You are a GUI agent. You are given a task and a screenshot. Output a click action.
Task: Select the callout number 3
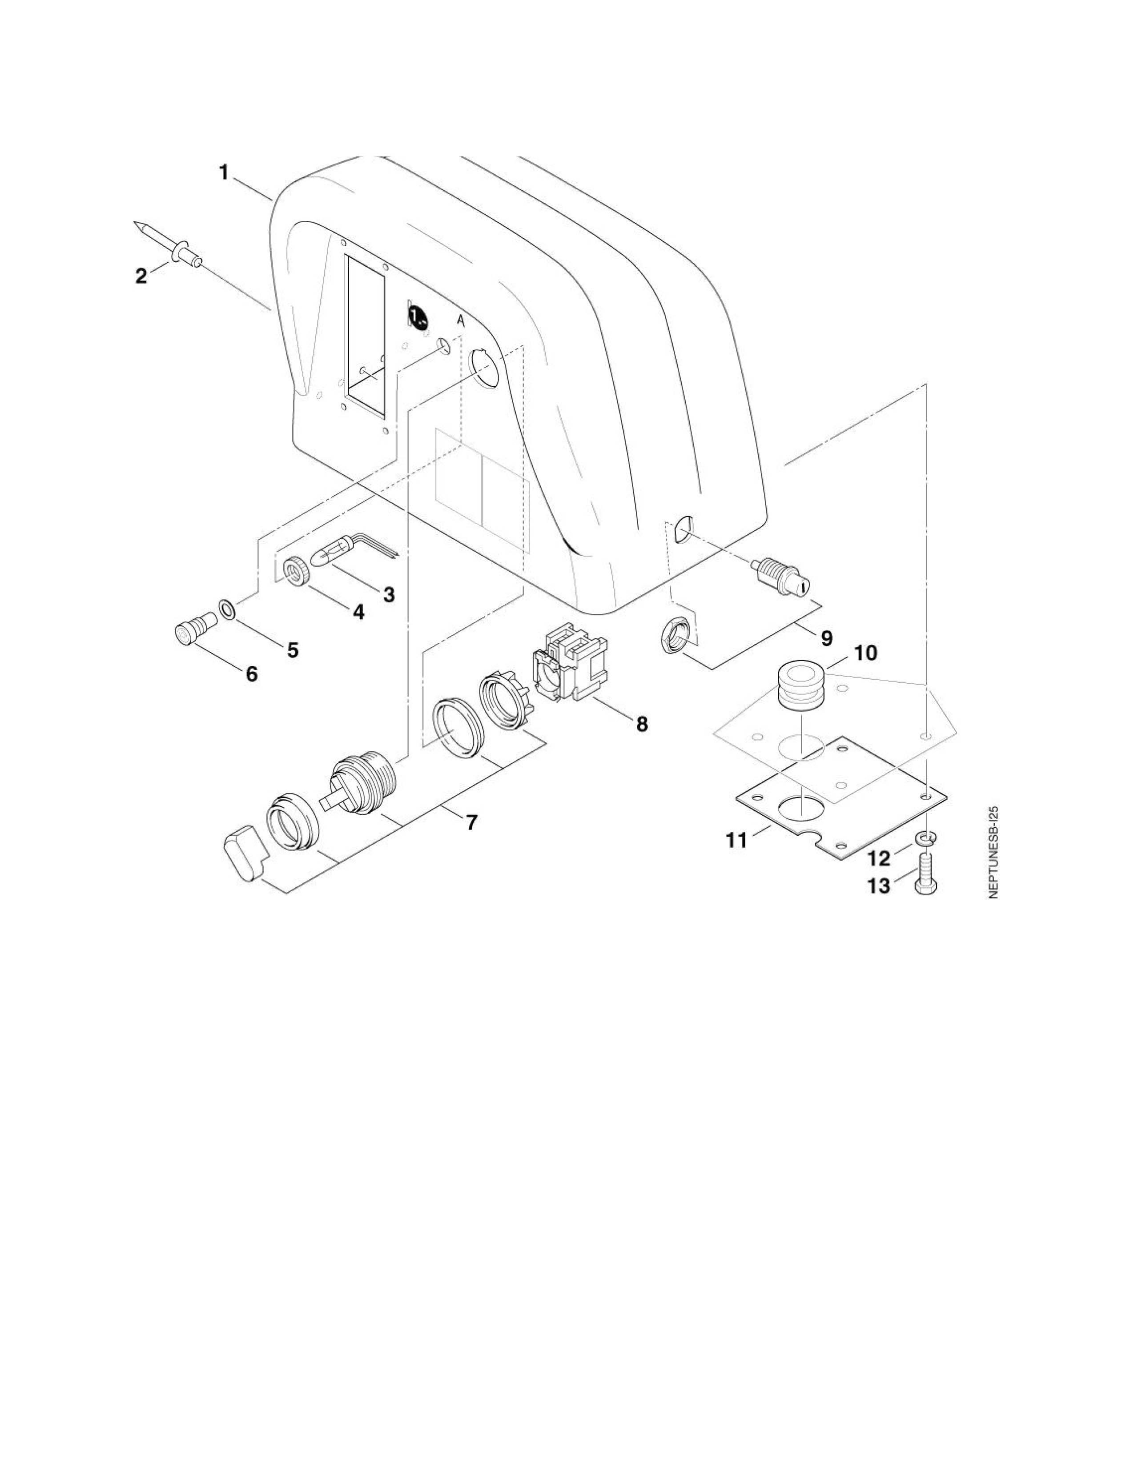(x=388, y=594)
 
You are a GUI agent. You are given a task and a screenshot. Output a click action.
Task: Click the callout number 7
(x=472, y=822)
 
